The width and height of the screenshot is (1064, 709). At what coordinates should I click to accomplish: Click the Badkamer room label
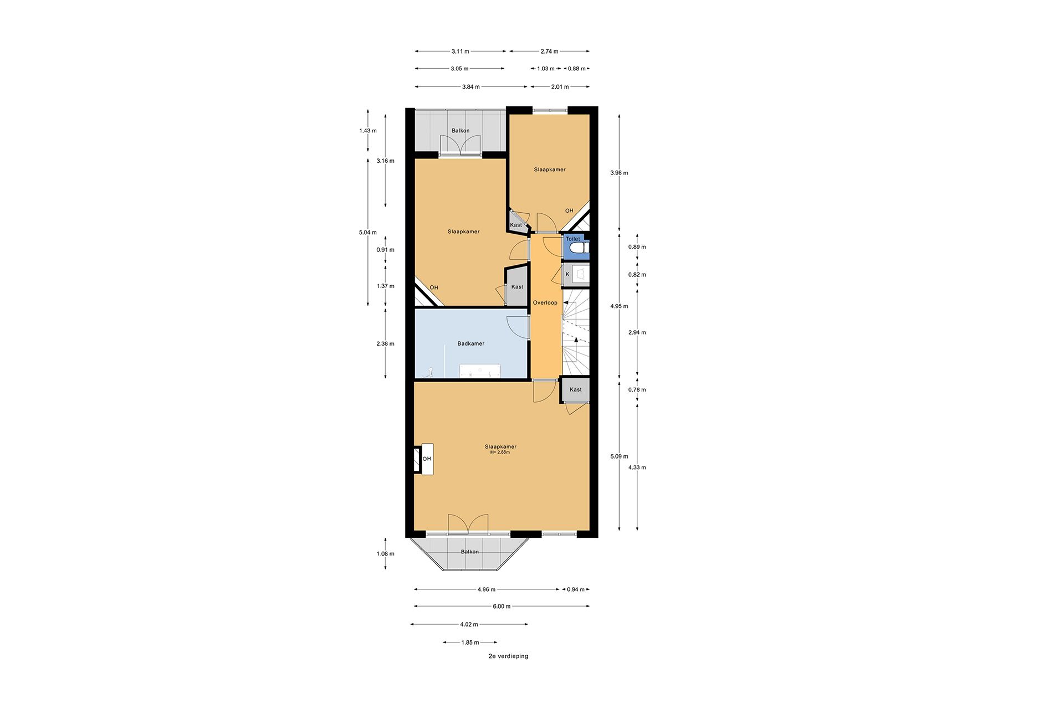[x=470, y=343]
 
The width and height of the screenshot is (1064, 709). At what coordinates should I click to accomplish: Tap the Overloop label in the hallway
[x=545, y=302]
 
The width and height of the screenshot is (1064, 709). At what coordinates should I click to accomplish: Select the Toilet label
[x=572, y=239]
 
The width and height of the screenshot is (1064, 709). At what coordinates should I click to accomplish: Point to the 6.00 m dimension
[x=501, y=607]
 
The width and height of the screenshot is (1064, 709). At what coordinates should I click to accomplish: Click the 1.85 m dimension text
[x=470, y=643]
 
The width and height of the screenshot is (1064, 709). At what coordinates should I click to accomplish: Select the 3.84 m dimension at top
[x=471, y=87]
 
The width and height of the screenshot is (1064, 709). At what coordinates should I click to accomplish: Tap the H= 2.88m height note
[x=500, y=453]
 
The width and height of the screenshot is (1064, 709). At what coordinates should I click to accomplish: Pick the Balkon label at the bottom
[x=469, y=552]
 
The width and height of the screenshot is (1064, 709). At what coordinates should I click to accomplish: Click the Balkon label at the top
[x=460, y=131]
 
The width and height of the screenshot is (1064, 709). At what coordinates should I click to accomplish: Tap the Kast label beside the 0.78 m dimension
[x=575, y=389]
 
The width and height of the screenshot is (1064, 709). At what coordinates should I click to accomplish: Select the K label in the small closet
[x=567, y=274]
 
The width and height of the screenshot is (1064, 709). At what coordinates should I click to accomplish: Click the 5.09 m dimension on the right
[x=619, y=456]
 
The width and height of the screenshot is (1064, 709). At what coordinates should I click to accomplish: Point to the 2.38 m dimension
[x=385, y=343]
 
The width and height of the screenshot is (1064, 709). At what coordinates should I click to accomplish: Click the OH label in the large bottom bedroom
[x=427, y=459]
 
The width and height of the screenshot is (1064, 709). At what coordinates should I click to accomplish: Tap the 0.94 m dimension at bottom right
[x=575, y=589]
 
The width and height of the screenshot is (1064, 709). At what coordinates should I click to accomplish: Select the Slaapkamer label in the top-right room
[x=549, y=169]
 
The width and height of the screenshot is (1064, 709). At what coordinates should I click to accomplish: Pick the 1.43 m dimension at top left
[x=367, y=131]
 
